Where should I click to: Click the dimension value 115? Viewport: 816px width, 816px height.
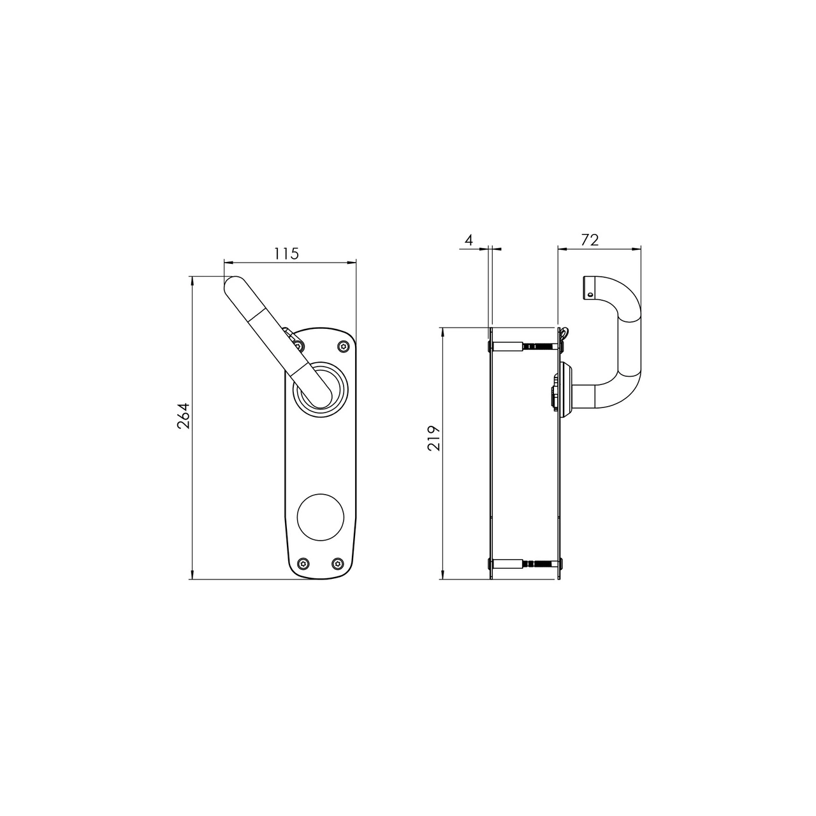(x=286, y=254)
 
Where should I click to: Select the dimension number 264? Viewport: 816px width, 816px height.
(x=184, y=416)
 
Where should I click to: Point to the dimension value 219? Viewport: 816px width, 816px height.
(x=434, y=438)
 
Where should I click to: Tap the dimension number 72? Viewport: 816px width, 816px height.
(x=590, y=240)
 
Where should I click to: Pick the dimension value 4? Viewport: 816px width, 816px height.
(x=469, y=240)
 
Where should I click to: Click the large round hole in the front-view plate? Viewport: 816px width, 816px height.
(x=321, y=517)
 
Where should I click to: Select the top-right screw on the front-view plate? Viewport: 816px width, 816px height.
(x=344, y=346)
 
